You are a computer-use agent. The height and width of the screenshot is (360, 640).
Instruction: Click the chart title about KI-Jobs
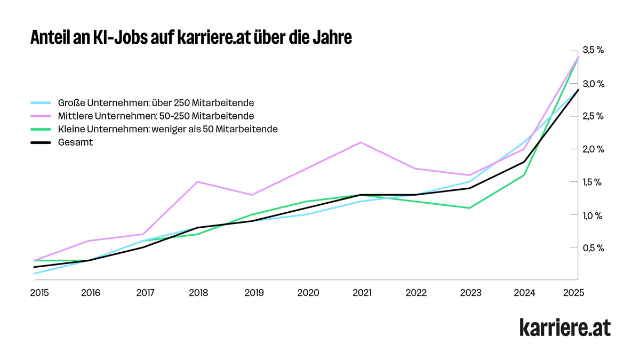[x=191, y=38]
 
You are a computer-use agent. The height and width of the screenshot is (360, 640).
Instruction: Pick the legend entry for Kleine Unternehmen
[x=167, y=129]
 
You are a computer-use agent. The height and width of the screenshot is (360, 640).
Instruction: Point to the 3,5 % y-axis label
[x=593, y=50]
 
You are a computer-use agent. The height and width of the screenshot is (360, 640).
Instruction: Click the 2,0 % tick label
[x=593, y=149]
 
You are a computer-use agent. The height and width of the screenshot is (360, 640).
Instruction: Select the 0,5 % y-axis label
[x=593, y=248]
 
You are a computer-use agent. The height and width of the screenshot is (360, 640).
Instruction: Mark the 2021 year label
[x=361, y=293]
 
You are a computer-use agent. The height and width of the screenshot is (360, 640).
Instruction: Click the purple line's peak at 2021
[x=361, y=142]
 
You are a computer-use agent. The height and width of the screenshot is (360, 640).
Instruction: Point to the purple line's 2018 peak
[x=197, y=182]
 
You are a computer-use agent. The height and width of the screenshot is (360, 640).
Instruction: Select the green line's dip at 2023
[x=469, y=208]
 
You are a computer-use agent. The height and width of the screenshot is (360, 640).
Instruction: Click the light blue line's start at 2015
[x=34, y=274]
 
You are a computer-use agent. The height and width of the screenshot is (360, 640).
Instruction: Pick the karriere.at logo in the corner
[x=565, y=327]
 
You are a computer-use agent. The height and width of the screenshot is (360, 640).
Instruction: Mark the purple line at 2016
[x=89, y=241]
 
